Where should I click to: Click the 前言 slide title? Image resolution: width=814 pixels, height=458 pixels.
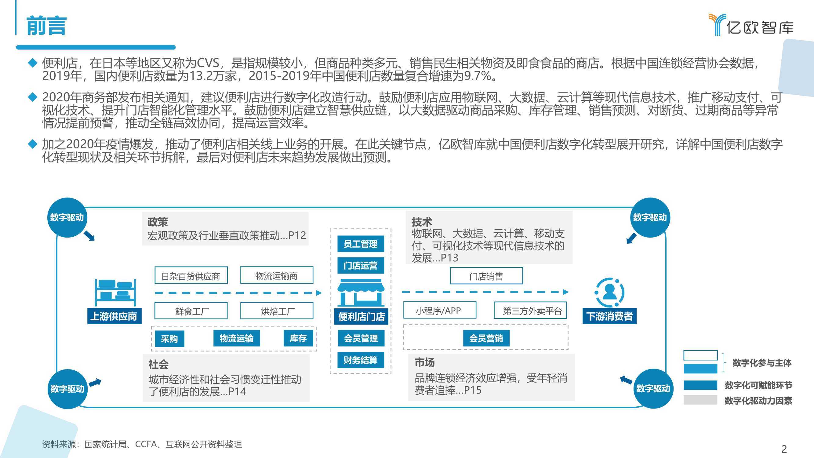[46, 26]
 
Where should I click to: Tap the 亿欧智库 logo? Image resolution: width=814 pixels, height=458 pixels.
[751, 25]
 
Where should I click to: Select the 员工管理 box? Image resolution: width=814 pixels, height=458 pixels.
[361, 244]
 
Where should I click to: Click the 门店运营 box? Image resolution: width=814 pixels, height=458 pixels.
[361, 265]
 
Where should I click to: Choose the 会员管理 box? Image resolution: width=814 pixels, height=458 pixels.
[361, 338]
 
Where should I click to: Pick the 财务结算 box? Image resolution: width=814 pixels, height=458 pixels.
[361, 360]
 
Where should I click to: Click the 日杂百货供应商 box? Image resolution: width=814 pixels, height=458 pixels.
[191, 275]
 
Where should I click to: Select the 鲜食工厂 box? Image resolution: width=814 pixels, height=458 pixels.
[191, 311]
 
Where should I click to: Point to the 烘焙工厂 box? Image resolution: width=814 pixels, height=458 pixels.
[277, 311]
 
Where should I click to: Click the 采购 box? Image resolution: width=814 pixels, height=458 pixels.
[169, 339]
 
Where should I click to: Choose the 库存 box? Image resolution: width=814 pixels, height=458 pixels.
[298, 338]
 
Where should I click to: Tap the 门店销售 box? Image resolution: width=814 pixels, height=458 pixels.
[486, 276]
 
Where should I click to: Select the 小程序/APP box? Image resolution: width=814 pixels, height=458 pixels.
[440, 310]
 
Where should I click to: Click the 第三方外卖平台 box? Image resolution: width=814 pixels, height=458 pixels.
[530, 311]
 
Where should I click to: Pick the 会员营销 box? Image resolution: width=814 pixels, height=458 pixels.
[486, 338]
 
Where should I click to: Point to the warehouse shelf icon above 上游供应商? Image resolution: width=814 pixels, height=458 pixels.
[115, 293]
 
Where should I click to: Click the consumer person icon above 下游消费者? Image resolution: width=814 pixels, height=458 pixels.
[609, 293]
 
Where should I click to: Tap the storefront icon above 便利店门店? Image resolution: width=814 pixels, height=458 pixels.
[361, 293]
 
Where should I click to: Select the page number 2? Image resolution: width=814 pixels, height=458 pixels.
[784, 449]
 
